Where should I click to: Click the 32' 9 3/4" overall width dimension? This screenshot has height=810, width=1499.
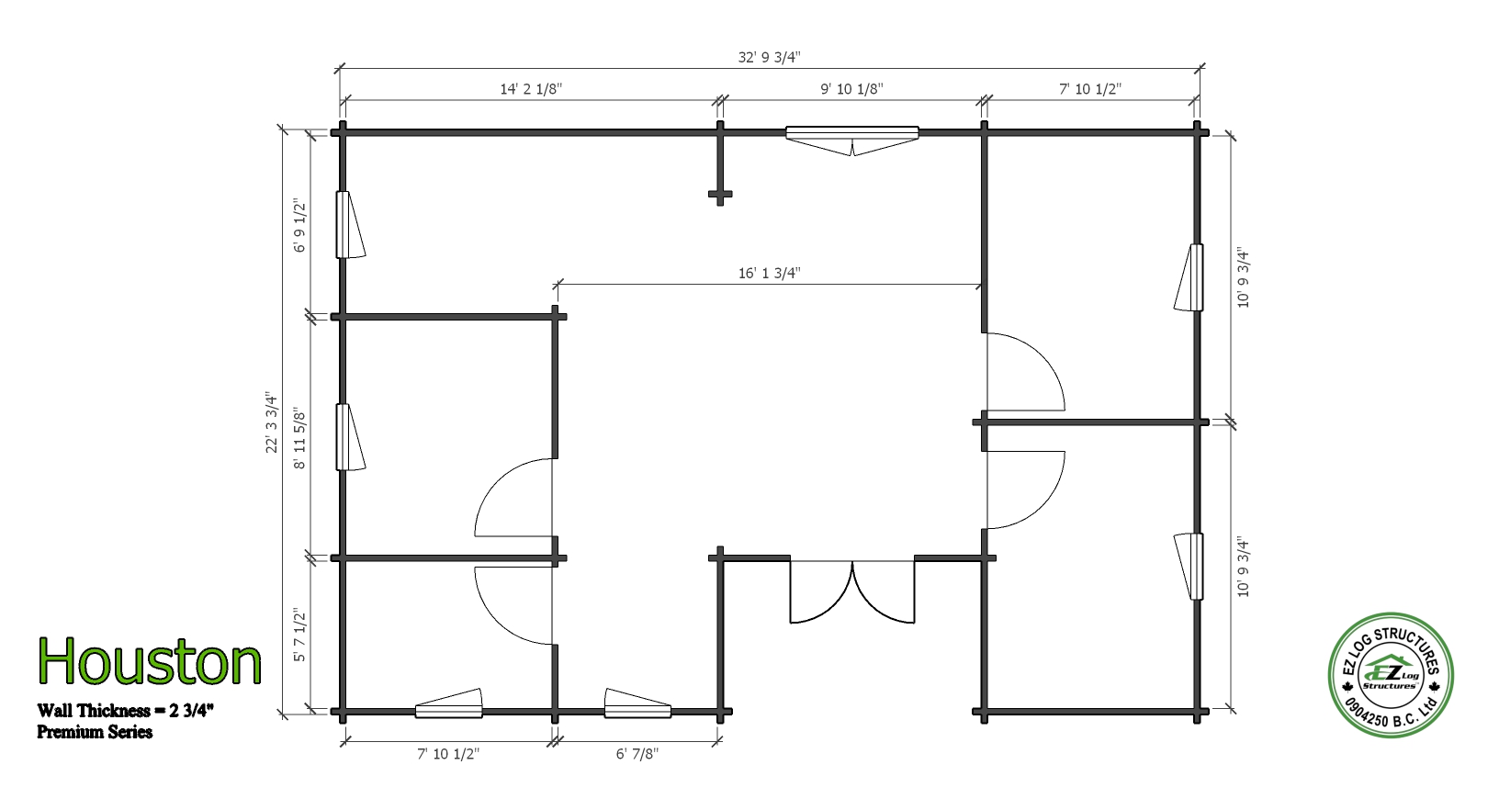(x=769, y=58)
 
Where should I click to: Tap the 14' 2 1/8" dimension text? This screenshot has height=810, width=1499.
(x=531, y=89)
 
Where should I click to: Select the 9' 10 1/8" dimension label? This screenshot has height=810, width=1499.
(x=851, y=89)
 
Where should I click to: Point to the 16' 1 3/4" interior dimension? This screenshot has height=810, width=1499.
(x=769, y=273)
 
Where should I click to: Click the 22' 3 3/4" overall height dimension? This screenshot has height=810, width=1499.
(x=271, y=422)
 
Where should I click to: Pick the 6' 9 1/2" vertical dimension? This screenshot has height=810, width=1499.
(x=299, y=226)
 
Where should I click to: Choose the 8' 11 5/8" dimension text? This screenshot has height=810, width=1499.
(x=299, y=439)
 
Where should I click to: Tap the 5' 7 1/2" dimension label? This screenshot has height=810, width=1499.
(x=299, y=636)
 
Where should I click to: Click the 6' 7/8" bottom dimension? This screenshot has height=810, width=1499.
(x=637, y=754)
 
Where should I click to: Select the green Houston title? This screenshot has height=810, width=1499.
(x=149, y=661)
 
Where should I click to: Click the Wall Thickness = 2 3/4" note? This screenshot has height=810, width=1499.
(x=125, y=710)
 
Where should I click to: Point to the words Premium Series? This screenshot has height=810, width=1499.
(x=95, y=732)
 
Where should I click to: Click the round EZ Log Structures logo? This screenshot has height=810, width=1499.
(x=1391, y=675)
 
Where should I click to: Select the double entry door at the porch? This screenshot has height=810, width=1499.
(x=851, y=592)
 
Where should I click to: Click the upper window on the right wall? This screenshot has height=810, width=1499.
(x=1189, y=277)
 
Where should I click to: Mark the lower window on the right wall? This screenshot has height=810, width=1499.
(x=1189, y=567)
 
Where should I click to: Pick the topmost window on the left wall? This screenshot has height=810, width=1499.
(x=350, y=225)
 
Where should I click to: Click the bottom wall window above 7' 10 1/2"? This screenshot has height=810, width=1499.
(x=448, y=703)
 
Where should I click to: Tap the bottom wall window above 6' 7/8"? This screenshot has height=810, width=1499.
(x=637, y=703)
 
